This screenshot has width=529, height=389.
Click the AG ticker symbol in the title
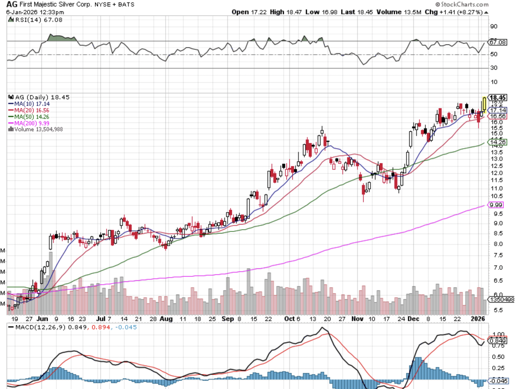point(12,4)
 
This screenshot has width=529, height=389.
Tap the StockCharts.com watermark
point(462,4)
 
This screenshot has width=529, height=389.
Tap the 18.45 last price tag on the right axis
point(498,98)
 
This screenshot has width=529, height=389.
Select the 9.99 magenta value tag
point(496,205)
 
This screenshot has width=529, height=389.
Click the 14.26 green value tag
point(498,142)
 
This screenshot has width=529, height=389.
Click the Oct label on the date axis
point(290,319)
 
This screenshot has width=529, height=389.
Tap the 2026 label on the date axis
point(478,319)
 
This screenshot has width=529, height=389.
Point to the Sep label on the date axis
point(227,319)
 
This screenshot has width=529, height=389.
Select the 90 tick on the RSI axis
point(494,26)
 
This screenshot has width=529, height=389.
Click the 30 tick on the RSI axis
point(494,68)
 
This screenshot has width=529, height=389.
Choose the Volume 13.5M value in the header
point(399,12)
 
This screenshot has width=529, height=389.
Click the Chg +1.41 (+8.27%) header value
point(454,12)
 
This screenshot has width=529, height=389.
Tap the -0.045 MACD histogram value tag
point(498,381)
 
